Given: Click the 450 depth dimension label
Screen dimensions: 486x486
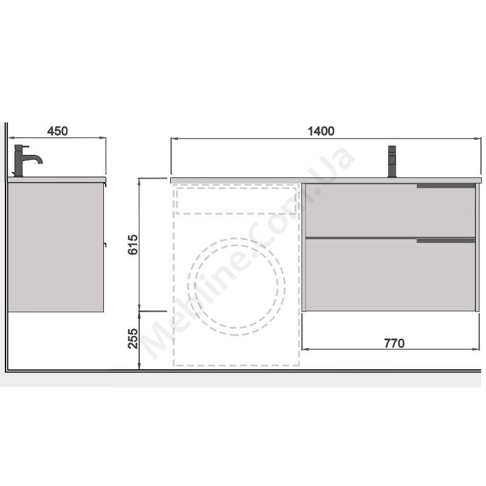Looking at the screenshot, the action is (x=57, y=131).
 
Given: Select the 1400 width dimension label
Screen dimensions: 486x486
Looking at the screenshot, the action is (x=321, y=131).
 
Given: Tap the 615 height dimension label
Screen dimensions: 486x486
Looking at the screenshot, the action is (x=132, y=245).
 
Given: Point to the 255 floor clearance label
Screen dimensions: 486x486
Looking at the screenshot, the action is (x=132, y=338).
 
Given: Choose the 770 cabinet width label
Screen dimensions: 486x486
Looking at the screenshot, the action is (x=394, y=343).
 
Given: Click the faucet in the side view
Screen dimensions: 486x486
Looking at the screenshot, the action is (x=27, y=160).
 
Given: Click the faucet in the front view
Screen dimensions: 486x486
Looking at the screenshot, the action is (x=392, y=161).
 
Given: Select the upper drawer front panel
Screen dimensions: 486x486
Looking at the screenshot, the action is (x=390, y=210).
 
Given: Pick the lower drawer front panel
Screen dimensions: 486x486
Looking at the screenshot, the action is (x=390, y=275).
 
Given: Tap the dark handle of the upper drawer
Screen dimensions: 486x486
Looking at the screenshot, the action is (x=446, y=186).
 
